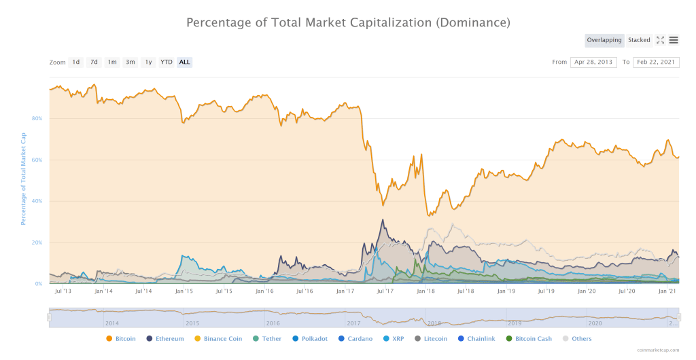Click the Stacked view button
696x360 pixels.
[x=639, y=40]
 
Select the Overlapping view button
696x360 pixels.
[x=604, y=40]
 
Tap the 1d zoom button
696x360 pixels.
[x=76, y=62]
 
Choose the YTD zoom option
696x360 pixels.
[x=166, y=62]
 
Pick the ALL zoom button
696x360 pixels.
[x=184, y=62]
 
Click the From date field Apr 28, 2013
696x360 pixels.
[x=593, y=62]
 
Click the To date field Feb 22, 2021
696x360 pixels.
[x=656, y=62]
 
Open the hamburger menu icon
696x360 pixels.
[x=673, y=40]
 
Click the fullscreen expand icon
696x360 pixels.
[x=660, y=40]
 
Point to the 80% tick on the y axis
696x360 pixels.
[x=37, y=118]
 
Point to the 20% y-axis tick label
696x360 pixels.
[x=37, y=242]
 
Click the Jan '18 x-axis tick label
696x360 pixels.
[x=425, y=291]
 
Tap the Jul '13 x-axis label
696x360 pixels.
[x=63, y=291]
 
